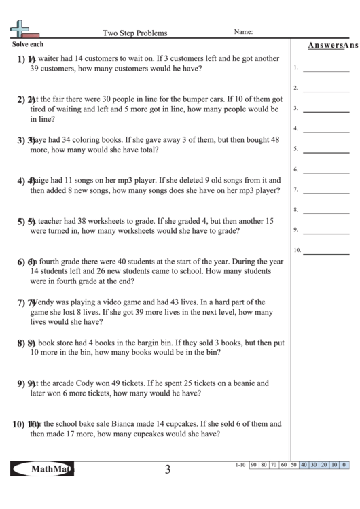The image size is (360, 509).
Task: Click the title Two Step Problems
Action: (x=134, y=33)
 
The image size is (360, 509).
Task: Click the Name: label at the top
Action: (x=243, y=32)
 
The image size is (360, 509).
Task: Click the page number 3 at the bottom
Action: (x=167, y=470)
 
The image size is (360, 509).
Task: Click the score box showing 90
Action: (x=253, y=465)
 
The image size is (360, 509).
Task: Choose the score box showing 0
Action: (x=344, y=465)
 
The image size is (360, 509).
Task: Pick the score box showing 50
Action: (x=294, y=465)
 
